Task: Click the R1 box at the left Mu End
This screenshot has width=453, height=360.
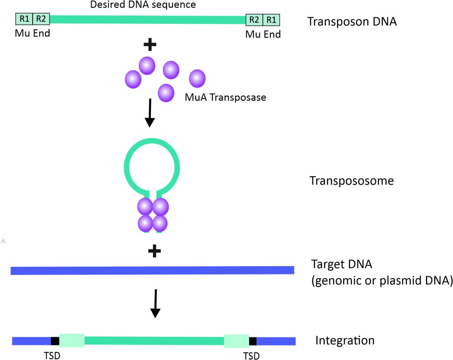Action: pos(24,19)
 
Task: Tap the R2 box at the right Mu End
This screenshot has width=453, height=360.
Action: pos(254,19)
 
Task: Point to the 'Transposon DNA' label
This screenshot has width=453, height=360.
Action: pos(352,21)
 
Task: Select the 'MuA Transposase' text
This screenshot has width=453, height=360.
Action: pos(226,97)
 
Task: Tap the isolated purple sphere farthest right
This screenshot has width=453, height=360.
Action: pos(197,78)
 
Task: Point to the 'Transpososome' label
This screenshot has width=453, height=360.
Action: pos(352,181)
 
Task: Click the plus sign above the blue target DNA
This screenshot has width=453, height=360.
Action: pos(154,252)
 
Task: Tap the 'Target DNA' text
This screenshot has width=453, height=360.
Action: pos(342,264)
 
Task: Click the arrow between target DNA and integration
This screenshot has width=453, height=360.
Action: pos(154,303)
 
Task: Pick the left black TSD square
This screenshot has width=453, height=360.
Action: pos(55,341)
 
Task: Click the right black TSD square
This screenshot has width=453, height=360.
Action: pos(253,341)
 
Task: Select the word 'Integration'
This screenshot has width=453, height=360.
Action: pos(345,341)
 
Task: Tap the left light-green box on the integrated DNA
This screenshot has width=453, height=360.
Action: pos(72,341)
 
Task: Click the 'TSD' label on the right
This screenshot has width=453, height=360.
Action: pos(251,356)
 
